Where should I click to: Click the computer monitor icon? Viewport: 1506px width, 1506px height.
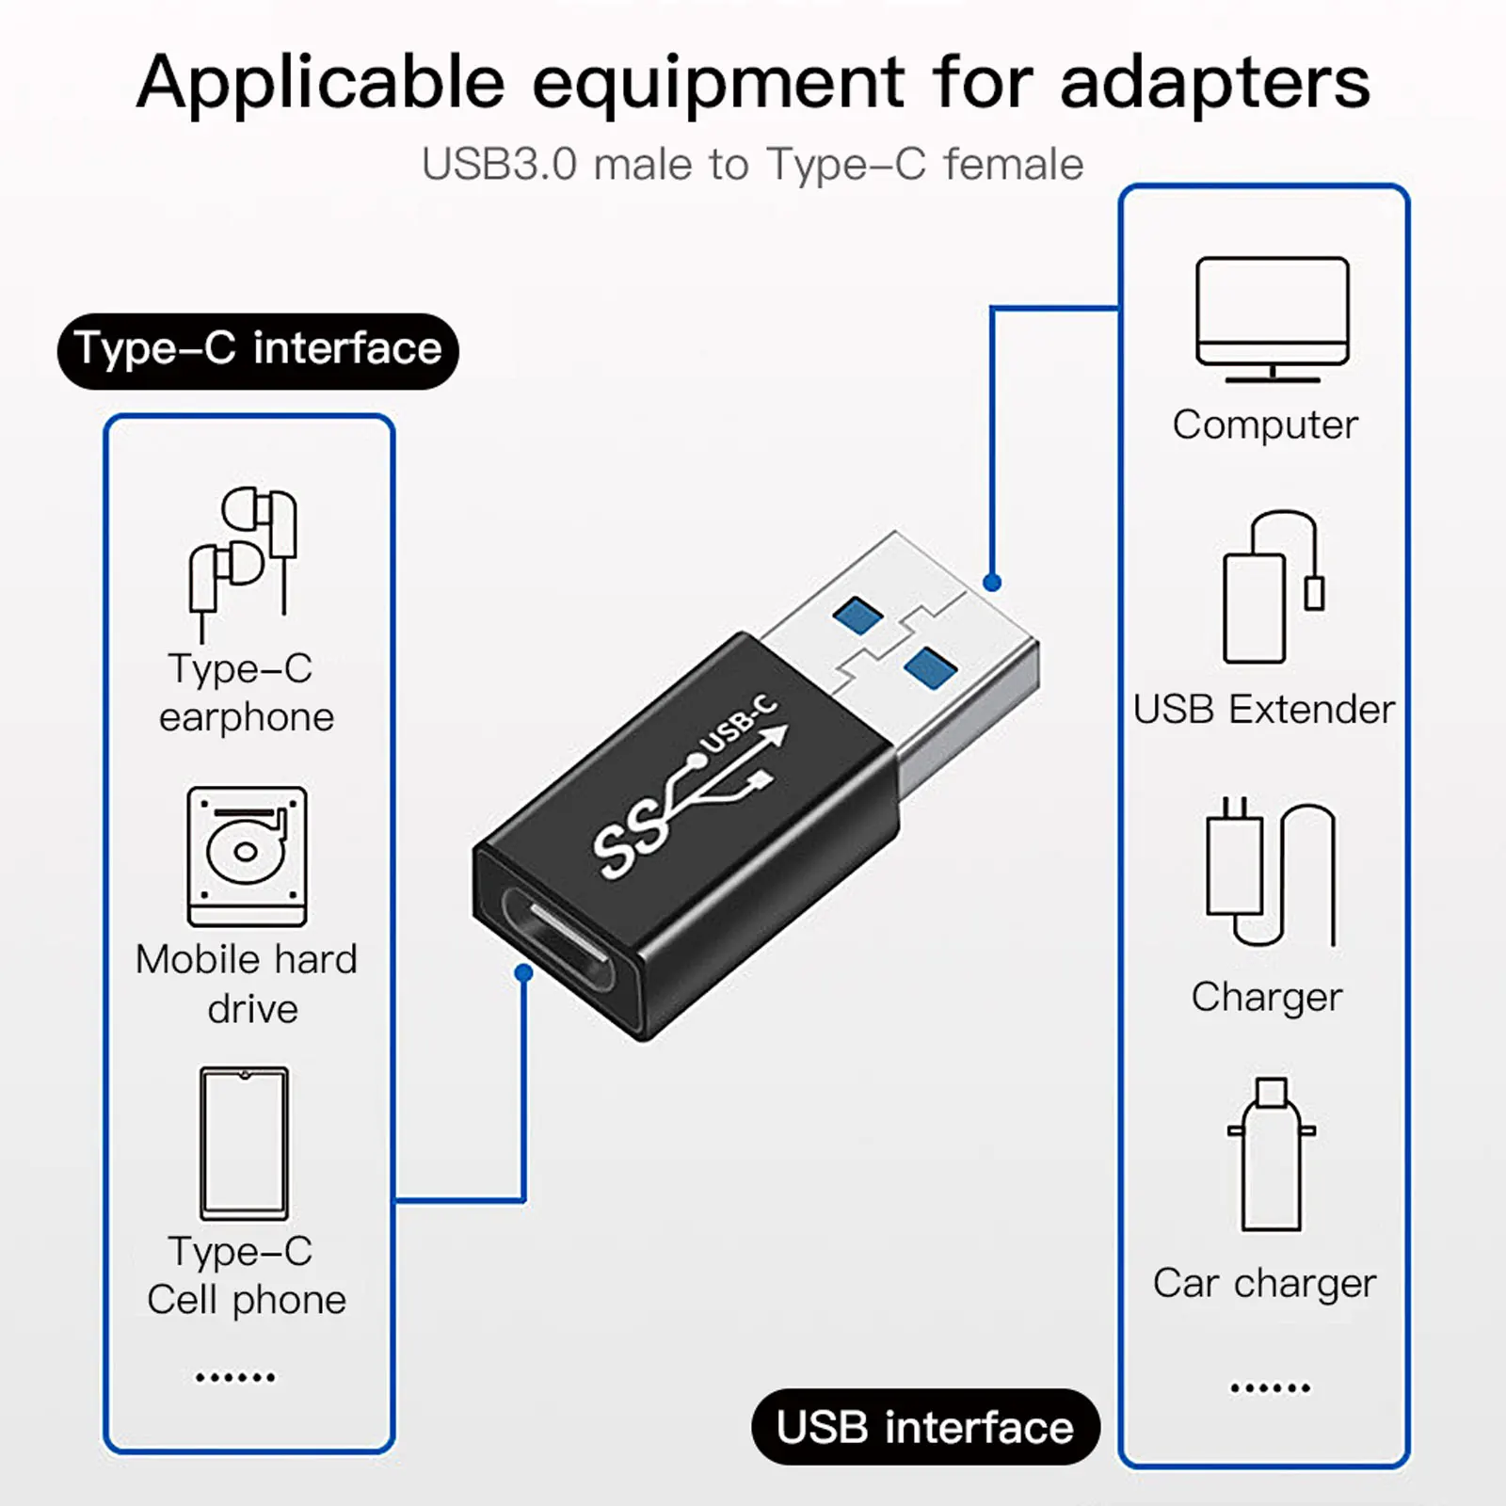[x=1272, y=318]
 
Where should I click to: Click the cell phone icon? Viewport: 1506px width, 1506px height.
[x=244, y=1143]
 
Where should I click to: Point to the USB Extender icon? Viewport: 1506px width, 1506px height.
[x=1273, y=587]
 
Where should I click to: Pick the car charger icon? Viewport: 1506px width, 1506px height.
[x=1271, y=1155]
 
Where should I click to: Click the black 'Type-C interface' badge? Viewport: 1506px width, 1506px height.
[x=258, y=350]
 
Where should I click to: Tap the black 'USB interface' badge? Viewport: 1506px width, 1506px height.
[x=925, y=1427]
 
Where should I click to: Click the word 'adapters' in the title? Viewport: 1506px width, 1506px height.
[x=1214, y=83]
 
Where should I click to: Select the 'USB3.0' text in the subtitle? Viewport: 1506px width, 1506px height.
[x=499, y=165]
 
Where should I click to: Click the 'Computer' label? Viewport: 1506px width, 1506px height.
[x=1265, y=425]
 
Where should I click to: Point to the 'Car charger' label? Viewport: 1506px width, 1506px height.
[x=1264, y=1284]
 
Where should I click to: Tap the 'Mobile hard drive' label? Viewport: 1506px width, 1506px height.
[x=247, y=984]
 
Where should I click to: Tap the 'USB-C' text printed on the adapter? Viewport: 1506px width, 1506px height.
[x=740, y=724]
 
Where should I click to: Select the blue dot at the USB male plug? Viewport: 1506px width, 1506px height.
[x=991, y=583]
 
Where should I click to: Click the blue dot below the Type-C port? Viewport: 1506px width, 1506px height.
[x=524, y=973]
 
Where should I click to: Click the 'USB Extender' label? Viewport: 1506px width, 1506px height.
[x=1263, y=710]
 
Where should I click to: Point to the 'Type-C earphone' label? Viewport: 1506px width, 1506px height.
[x=245, y=693]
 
